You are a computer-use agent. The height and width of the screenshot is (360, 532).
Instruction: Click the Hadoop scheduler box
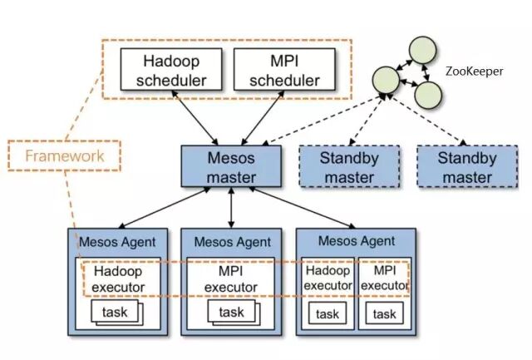point(170,71)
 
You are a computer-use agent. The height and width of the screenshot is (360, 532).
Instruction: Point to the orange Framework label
point(64,155)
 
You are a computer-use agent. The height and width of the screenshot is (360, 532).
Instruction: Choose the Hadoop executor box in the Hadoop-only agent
point(120,279)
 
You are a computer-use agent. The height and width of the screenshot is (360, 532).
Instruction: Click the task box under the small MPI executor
point(384,313)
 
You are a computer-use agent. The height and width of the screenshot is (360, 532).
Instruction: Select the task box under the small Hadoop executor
point(327,313)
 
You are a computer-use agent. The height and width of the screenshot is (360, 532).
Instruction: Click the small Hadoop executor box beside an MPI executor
point(327,278)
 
